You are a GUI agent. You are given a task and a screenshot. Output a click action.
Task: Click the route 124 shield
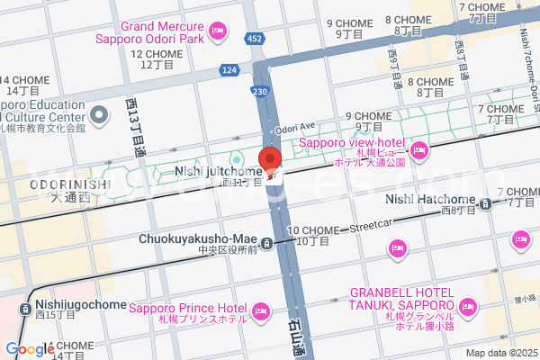[229, 69]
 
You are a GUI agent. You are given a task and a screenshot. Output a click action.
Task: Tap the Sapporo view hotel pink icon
[418, 149]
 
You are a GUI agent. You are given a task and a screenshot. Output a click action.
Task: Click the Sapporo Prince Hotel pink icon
[260, 312]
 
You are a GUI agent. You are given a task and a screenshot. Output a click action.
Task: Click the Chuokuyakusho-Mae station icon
[267, 243]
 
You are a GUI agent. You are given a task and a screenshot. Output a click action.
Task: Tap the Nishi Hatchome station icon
[486, 204]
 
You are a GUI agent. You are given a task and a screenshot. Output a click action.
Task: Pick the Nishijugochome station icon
[26, 308]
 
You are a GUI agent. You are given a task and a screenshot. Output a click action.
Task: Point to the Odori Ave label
[296, 127]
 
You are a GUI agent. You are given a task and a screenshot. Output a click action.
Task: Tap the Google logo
[30, 349]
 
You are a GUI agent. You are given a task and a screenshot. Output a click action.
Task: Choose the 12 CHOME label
[157, 54]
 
